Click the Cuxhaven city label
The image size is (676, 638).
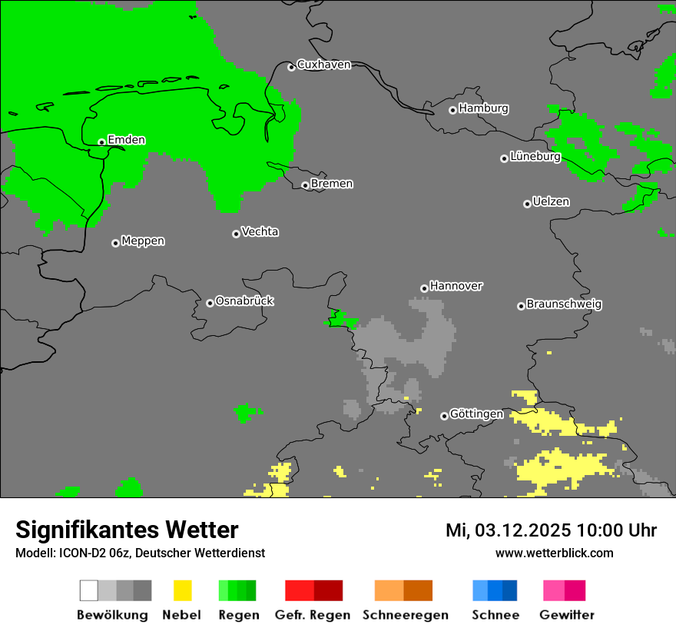click(x=323, y=65)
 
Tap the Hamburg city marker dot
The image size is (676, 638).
click(x=452, y=110)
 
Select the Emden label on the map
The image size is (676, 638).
click(x=126, y=140)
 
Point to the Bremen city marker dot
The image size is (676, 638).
click(x=305, y=185)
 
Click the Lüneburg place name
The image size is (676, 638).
click(x=535, y=156)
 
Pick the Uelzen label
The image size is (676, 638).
click(x=551, y=201)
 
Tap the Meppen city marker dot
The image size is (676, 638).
click(x=115, y=243)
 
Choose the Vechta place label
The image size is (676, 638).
click(x=260, y=231)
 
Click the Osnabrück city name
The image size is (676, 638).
click(x=244, y=301)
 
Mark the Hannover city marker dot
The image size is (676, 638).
click(x=424, y=289)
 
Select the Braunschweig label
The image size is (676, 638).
click(x=564, y=304)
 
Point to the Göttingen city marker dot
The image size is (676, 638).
click(x=444, y=416)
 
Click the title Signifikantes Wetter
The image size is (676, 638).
click(x=127, y=530)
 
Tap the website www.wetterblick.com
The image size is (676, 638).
click(x=554, y=553)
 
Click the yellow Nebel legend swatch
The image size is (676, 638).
click(x=182, y=590)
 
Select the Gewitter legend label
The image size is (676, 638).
click(x=567, y=615)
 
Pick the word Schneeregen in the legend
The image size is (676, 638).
click(x=405, y=615)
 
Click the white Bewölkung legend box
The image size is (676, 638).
click(x=88, y=590)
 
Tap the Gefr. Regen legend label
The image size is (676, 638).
click(x=312, y=615)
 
